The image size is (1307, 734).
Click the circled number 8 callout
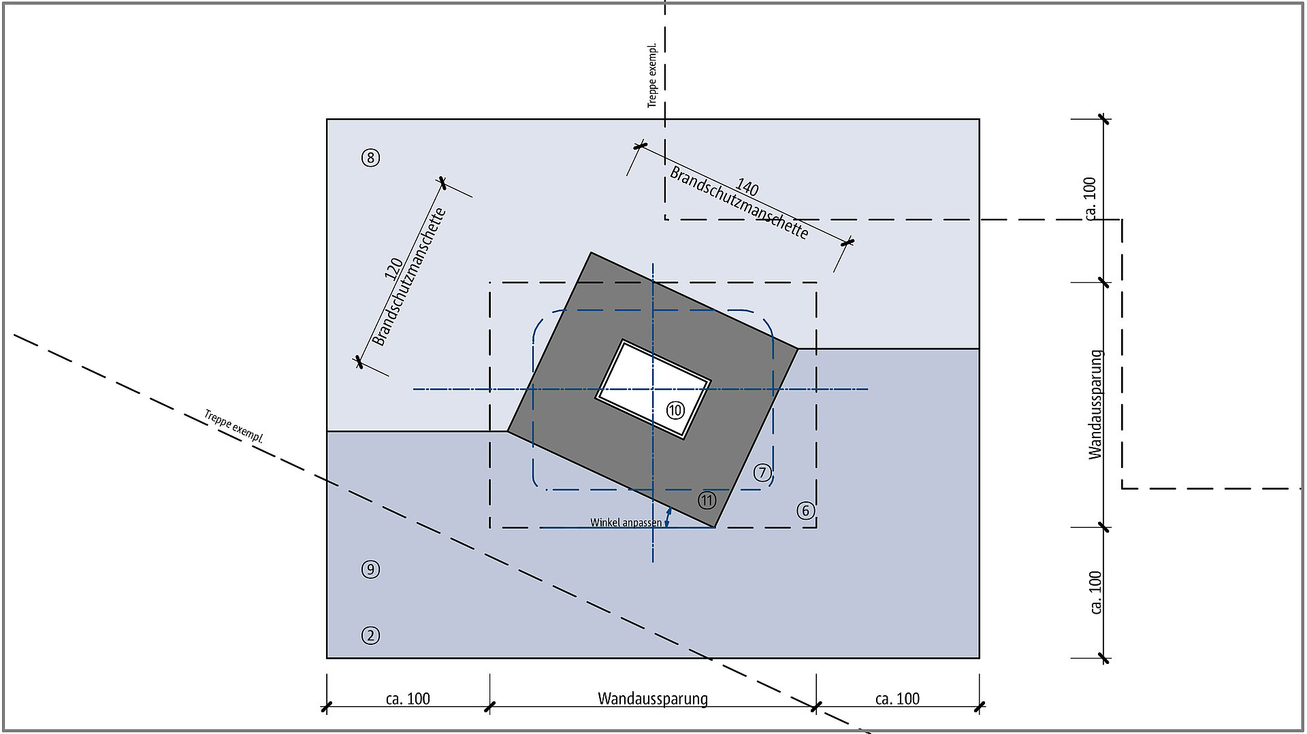[370, 159]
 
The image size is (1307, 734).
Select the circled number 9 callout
[370, 569]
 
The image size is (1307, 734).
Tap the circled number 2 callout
[370, 636]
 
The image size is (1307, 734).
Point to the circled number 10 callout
[675, 410]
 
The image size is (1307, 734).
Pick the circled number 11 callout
[707, 501]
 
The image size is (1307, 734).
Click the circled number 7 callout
[762, 473]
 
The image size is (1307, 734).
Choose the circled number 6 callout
[806, 511]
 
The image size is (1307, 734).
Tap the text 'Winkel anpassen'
[626, 523]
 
